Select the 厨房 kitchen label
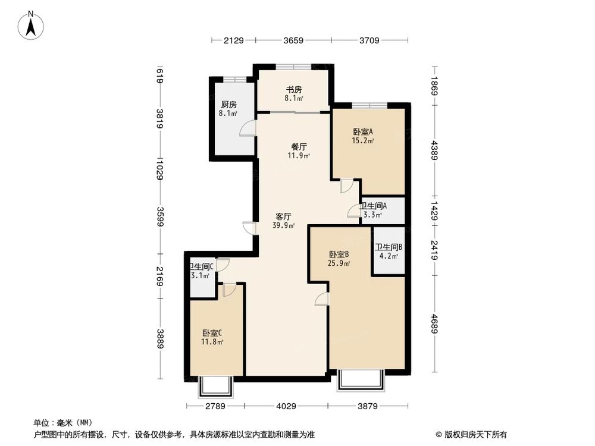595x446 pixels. click(228, 105)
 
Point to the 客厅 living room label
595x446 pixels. click(283, 216)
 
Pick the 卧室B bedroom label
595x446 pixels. click(338, 254)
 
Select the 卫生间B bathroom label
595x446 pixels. click(389, 247)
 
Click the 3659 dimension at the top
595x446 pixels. click(293, 41)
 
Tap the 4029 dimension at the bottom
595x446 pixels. click(286, 406)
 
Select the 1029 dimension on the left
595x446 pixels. click(159, 165)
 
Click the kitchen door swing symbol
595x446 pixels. click(247, 129)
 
